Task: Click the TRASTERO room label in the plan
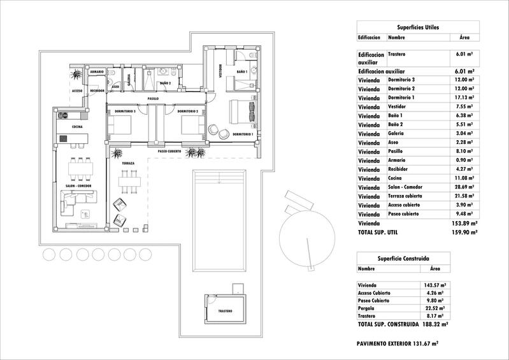[224, 312]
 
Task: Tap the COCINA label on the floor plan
[77, 127]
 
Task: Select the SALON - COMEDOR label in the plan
[78, 185]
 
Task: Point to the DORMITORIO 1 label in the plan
[243, 134]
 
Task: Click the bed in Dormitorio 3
[120, 125]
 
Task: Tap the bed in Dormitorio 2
[192, 125]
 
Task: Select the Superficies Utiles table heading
[417, 27]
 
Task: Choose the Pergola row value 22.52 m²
[434, 308]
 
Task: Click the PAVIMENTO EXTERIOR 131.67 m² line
[398, 343]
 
